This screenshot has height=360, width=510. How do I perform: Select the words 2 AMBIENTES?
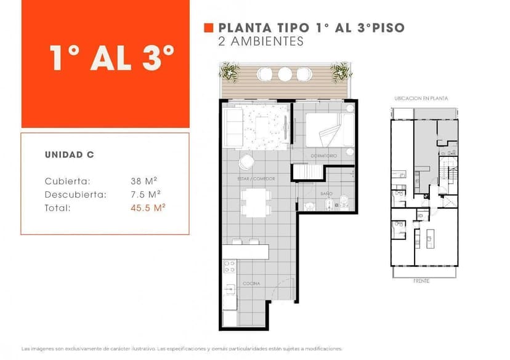click(x=261, y=42)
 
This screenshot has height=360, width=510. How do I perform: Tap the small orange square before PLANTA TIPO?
click(x=208, y=28)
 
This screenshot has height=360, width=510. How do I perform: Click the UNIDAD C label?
click(x=69, y=154)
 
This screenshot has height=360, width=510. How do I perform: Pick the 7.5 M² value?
click(x=145, y=194)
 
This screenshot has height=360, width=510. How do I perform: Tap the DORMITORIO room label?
click(x=324, y=156)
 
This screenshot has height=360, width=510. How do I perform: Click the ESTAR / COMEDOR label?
click(x=256, y=178)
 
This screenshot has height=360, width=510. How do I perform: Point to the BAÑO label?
click(x=326, y=194)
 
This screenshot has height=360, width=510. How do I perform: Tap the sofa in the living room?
click(x=233, y=126)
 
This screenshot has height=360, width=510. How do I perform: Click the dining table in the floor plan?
click(x=254, y=202)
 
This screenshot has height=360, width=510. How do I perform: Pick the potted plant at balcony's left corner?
click(x=230, y=71)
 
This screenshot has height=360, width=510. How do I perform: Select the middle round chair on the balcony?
click(x=285, y=74)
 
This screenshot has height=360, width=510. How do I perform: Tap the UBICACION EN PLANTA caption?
click(x=421, y=98)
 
